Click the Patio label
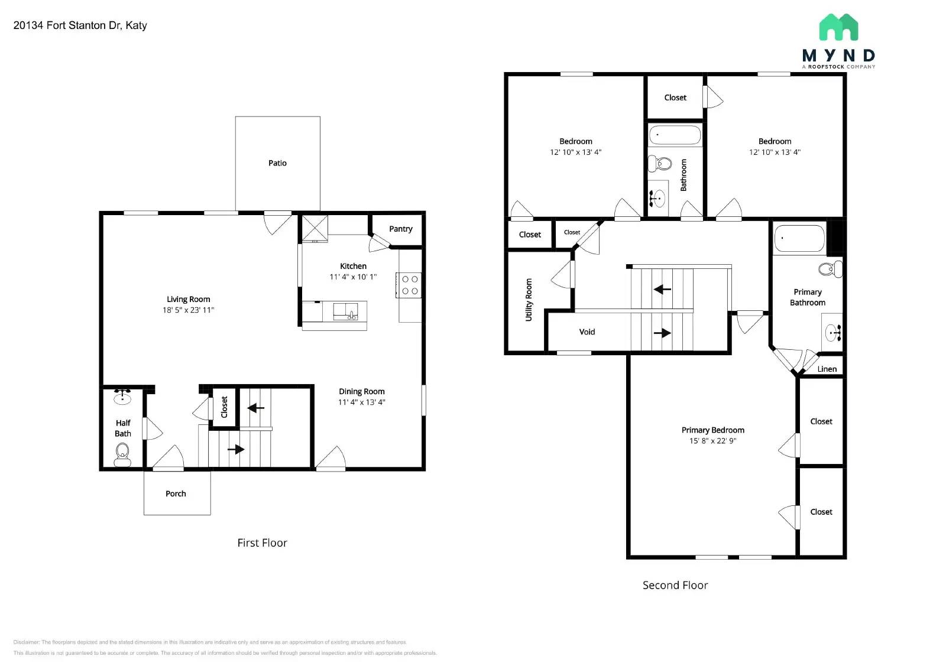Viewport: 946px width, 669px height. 277,163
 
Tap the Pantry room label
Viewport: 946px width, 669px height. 400,229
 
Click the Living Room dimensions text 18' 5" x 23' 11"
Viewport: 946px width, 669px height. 188,310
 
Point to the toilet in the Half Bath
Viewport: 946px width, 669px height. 122,453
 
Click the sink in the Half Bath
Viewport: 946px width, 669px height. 122,397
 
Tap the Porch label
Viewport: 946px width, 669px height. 176,493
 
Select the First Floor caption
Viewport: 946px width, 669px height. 262,543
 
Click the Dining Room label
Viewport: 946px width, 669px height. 361,391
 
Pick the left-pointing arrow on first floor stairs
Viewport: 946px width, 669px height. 256,407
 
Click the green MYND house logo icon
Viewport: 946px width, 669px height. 838,28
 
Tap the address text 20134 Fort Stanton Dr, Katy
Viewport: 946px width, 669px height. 80,25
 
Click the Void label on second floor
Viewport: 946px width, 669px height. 587,332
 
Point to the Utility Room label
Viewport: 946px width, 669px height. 529,300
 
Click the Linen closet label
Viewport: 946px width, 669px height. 827,369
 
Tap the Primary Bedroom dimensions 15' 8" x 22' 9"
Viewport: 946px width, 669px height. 712,441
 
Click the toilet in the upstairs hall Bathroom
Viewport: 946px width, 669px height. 660,163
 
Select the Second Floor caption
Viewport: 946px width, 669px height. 675,585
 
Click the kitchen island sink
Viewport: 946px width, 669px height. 345,311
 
